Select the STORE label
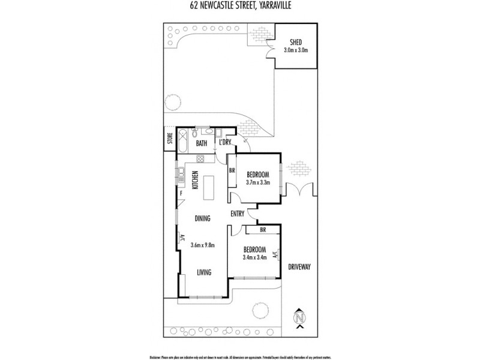click(170, 140)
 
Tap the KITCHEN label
click(195, 181)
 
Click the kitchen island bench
click(209, 187)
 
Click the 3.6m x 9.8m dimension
click(202, 245)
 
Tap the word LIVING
click(205, 273)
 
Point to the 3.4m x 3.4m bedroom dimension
click(254, 258)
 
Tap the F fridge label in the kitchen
click(180, 193)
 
